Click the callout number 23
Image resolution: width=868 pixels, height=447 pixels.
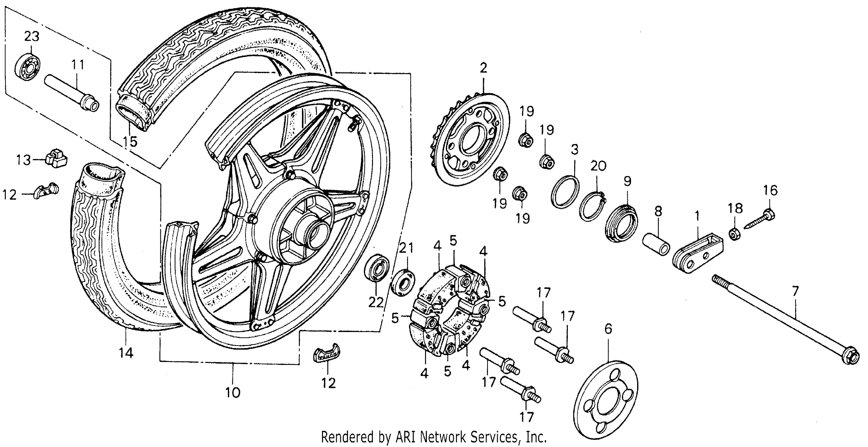[32, 36]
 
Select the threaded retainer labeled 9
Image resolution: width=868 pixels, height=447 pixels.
[622, 223]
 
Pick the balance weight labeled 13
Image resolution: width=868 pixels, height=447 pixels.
[56, 158]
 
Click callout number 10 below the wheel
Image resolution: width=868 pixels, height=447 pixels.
[232, 392]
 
